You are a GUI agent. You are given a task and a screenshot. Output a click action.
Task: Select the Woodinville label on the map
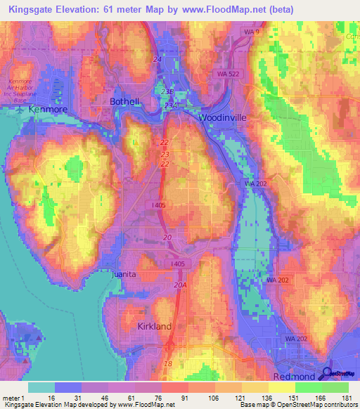click(223, 117)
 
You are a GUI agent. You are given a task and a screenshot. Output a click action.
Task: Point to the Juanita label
click(127, 274)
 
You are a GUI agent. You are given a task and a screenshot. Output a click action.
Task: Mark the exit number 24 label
click(156, 60)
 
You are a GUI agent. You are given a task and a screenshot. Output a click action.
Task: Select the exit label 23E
click(166, 92)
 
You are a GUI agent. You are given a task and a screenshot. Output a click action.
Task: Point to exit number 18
click(167, 363)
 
